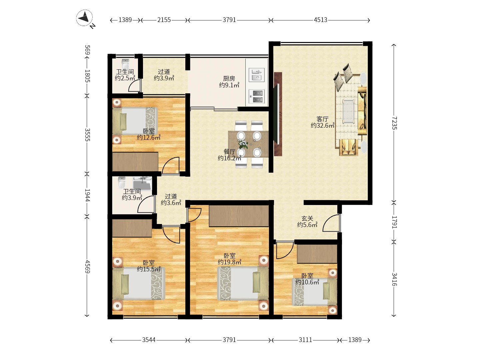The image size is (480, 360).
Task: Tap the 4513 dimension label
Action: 320,20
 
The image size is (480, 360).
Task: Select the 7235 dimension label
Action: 394,123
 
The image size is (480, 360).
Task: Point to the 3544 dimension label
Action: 149,340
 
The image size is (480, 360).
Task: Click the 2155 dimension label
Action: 164,20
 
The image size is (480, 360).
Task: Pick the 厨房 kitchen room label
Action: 229,78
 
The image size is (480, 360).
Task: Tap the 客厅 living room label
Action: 323,119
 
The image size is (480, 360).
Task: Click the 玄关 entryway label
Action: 307,218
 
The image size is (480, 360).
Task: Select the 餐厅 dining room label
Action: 229,152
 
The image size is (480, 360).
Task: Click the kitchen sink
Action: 257,75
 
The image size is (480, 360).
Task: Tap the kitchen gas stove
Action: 257,97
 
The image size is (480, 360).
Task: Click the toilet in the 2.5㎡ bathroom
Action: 125,63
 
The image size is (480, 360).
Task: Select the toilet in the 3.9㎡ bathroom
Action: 122,183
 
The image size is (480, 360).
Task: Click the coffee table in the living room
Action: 349,112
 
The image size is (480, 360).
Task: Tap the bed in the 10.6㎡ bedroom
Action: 314,292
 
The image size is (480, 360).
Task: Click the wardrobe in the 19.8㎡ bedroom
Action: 239,216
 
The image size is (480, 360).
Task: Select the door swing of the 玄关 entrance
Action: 331,223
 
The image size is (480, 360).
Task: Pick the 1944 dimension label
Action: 87,195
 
